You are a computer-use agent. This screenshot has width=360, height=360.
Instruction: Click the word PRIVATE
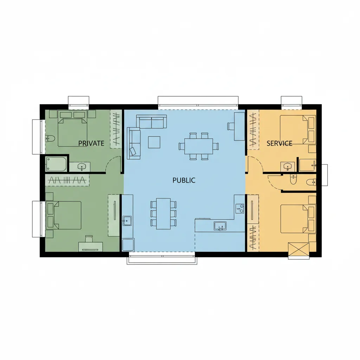[91, 143]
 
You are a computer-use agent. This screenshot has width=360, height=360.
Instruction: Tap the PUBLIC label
[184, 180]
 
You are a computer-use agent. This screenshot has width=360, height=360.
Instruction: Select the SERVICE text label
[279, 143]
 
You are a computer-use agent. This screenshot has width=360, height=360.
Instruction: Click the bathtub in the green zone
[56, 164]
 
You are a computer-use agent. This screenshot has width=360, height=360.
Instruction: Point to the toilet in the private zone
[50, 139]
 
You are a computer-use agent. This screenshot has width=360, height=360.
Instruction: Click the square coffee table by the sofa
[154, 142]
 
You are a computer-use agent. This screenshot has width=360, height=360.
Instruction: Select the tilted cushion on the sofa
[133, 152]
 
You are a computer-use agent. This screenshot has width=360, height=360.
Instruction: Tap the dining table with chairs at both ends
[199, 146]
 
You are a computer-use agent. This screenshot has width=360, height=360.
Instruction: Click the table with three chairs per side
[163, 214]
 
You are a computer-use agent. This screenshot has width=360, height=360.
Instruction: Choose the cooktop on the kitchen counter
[240, 208]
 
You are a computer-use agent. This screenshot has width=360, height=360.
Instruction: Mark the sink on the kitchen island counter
[220, 226]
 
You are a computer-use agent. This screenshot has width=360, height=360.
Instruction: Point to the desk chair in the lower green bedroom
[89, 239]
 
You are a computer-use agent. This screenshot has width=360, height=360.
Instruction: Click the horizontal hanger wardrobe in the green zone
[67, 180]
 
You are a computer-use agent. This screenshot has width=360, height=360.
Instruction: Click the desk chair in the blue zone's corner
[231, 126]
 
